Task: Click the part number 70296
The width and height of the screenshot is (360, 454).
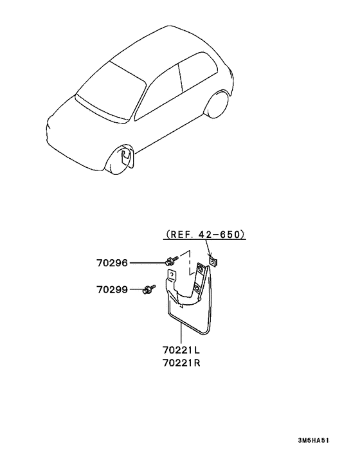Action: coord(112,263)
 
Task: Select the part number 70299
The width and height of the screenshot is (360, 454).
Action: coord(112,289)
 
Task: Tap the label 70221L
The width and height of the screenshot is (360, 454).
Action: coord(181,350)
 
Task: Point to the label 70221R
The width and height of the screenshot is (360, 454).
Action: coord(181,363)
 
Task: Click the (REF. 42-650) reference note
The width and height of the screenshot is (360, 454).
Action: coord(204,234)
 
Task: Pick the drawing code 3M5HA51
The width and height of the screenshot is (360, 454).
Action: coord(314,440)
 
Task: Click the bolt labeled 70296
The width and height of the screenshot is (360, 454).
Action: coord(170,260)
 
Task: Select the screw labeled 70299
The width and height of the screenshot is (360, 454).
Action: coord(149,289)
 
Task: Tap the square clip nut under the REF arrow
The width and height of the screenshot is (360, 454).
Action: coord(213,262)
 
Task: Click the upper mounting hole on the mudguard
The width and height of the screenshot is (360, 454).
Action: coord(200,270)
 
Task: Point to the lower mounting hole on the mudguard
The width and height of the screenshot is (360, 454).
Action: coord(197,287)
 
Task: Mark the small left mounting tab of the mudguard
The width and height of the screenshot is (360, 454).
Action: coord(172,275)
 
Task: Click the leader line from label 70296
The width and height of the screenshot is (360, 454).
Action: coord(147,263)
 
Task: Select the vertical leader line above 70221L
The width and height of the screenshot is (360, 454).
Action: coord(181,334)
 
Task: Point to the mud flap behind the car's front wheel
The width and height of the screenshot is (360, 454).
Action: coord(127,156)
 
